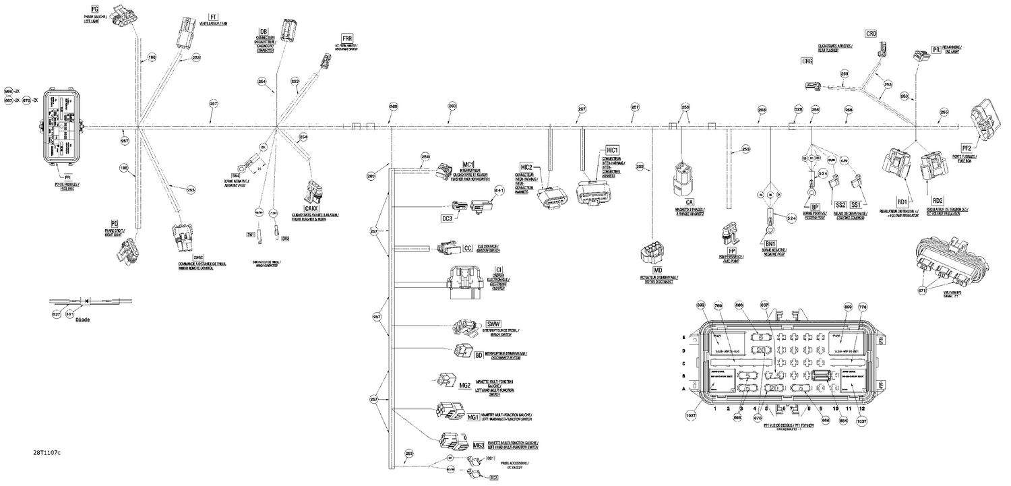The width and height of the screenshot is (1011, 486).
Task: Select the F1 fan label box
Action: click(x=214, y=16)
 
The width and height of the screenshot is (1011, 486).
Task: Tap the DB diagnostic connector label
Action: click(x=264, y=32)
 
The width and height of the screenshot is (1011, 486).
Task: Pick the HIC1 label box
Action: click(x=613, y=150)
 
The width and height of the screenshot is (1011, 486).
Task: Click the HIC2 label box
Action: click(x=527, y=166)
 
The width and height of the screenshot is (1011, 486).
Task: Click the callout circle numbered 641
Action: click(x=499, y=190)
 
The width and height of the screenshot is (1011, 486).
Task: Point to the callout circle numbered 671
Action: click(x=922, y=290)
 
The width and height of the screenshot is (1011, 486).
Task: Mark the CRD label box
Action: click(x=871, y=33)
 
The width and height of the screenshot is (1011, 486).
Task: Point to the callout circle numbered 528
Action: click(x=798, y=109)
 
